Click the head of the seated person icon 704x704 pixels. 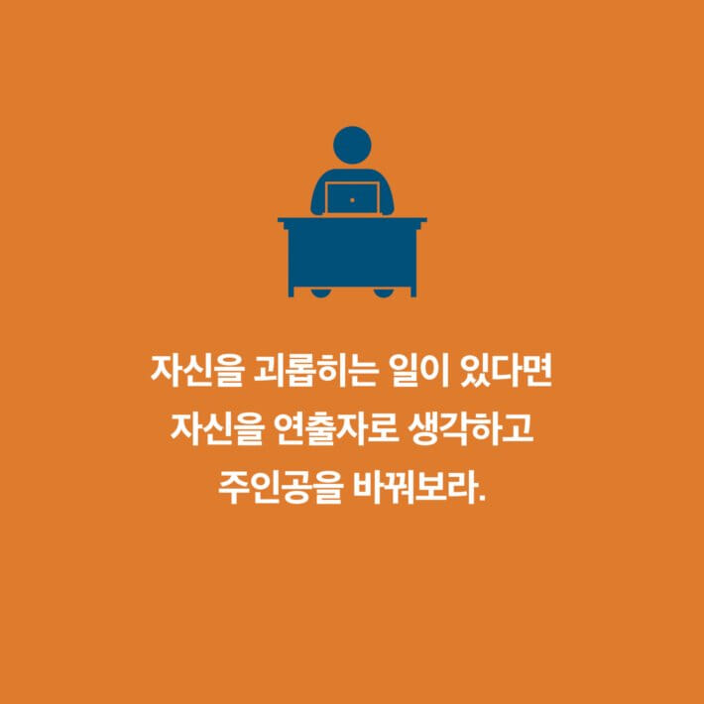tap(352, 146)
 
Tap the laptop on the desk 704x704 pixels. tap(352, 198)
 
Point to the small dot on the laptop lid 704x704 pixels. tap(352, 199)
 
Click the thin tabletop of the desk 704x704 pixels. tap(352, 219)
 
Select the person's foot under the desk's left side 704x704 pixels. tap(321, 293)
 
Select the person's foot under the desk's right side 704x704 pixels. tap(384, 293)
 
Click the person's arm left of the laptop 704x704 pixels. tap(318, 197)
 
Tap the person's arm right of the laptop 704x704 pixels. tap(386, 197)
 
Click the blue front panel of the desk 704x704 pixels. tap(352, 256)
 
